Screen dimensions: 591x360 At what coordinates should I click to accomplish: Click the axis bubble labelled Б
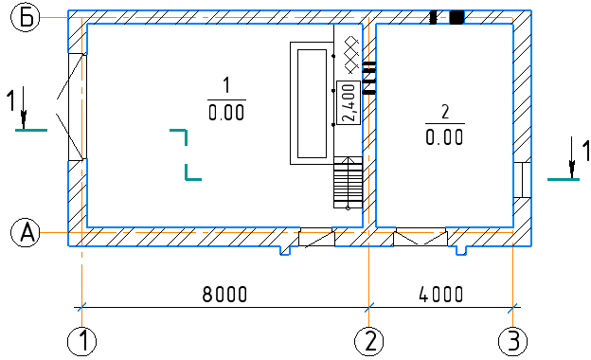(x=26, y=18)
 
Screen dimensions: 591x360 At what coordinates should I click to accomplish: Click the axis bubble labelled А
(x=26, y=233)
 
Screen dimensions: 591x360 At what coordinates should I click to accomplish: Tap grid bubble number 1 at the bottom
(x=81, y=342)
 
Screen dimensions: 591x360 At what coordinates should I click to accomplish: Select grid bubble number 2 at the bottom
(x=369, y=342)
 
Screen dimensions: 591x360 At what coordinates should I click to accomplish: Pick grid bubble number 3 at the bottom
(x=512, y=342)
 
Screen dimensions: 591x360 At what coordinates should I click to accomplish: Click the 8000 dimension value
(x=224, y=294)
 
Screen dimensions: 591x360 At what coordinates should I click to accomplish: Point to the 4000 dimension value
(x=441, y=294)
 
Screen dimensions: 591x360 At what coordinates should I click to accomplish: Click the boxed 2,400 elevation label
(x=349, y=102)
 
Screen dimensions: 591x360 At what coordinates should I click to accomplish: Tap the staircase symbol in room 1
(x=348, y=183)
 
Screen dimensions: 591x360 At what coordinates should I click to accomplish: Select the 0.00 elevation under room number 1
(x=226, y=113)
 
